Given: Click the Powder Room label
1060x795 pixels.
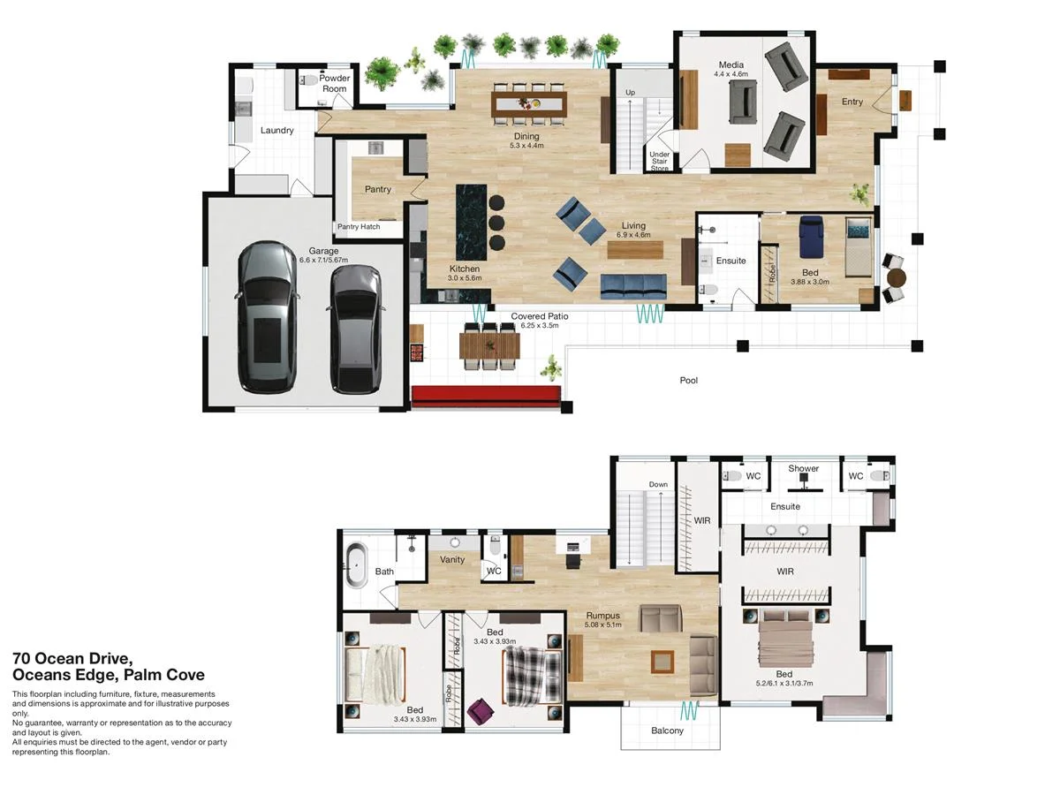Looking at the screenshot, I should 335,83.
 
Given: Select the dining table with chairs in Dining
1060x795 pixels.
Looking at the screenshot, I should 528,103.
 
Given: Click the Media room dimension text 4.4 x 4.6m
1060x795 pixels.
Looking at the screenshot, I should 731,75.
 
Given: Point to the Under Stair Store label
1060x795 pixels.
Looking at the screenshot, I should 660,161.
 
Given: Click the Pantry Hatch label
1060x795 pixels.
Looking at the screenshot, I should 359,227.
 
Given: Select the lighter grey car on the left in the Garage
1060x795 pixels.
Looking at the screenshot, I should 268,317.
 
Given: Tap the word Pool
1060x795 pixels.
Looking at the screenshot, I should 688,381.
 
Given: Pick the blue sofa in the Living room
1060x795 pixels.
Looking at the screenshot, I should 633,286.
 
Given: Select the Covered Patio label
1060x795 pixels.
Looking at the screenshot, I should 539,315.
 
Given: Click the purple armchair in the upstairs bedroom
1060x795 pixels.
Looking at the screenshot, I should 481,711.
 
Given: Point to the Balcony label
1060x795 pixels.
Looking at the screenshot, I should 667,731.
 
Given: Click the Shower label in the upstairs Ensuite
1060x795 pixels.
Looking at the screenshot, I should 803,468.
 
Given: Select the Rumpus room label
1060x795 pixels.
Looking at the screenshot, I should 602,616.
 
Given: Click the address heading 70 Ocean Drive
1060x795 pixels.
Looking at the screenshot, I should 72,658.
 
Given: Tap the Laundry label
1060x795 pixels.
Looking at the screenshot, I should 276,131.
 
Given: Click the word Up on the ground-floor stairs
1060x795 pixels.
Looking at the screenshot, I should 630,93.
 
